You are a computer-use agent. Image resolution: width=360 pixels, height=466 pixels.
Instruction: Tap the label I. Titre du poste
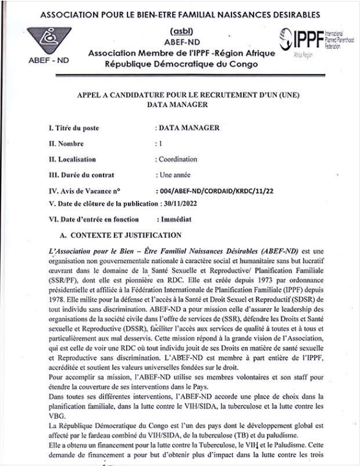click(x=73, y=128)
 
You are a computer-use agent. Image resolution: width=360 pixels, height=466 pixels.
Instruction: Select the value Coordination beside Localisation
click(x=178, y=159)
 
